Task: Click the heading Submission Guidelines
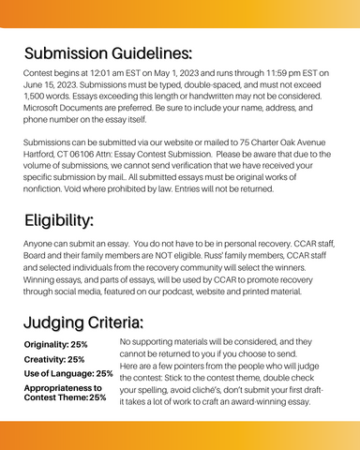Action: point(109,51)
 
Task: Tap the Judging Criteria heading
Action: point(84,323)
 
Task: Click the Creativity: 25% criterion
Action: point(53,359)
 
